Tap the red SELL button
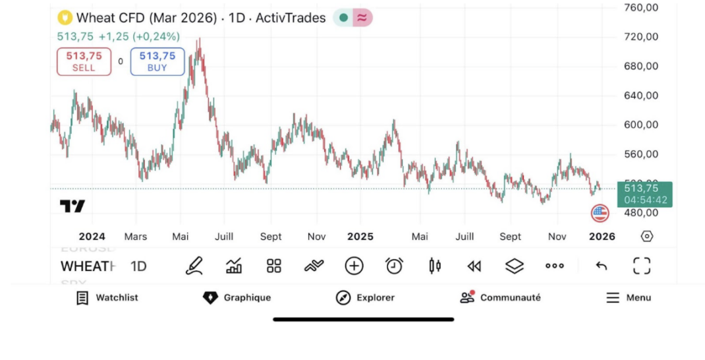click(x=84, y=61)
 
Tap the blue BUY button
click(x=157, y=61)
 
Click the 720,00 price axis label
click(x=641, y=37)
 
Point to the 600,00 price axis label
click(x=641, y=125)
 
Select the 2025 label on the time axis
click(x=360, y=237)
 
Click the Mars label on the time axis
click(x=136, y=237)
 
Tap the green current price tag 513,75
click(x=645, y=193)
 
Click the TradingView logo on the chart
click(x=72, y=206)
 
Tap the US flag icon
click(x=600, y=213)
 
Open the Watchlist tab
click(x=107, y=298)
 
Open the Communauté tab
click(x=500, y=298)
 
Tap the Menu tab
click(x=629, y=298)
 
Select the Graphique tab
click(x=237, y=298)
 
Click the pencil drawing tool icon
click(x=194, y=266)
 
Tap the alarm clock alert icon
click(x=394, y=266)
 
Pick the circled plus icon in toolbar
click(x=354, y=266)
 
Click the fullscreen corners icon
click(x=641, y=266)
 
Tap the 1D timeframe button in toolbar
click(x=138, y=266)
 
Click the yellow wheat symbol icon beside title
click(x=65, y=18)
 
